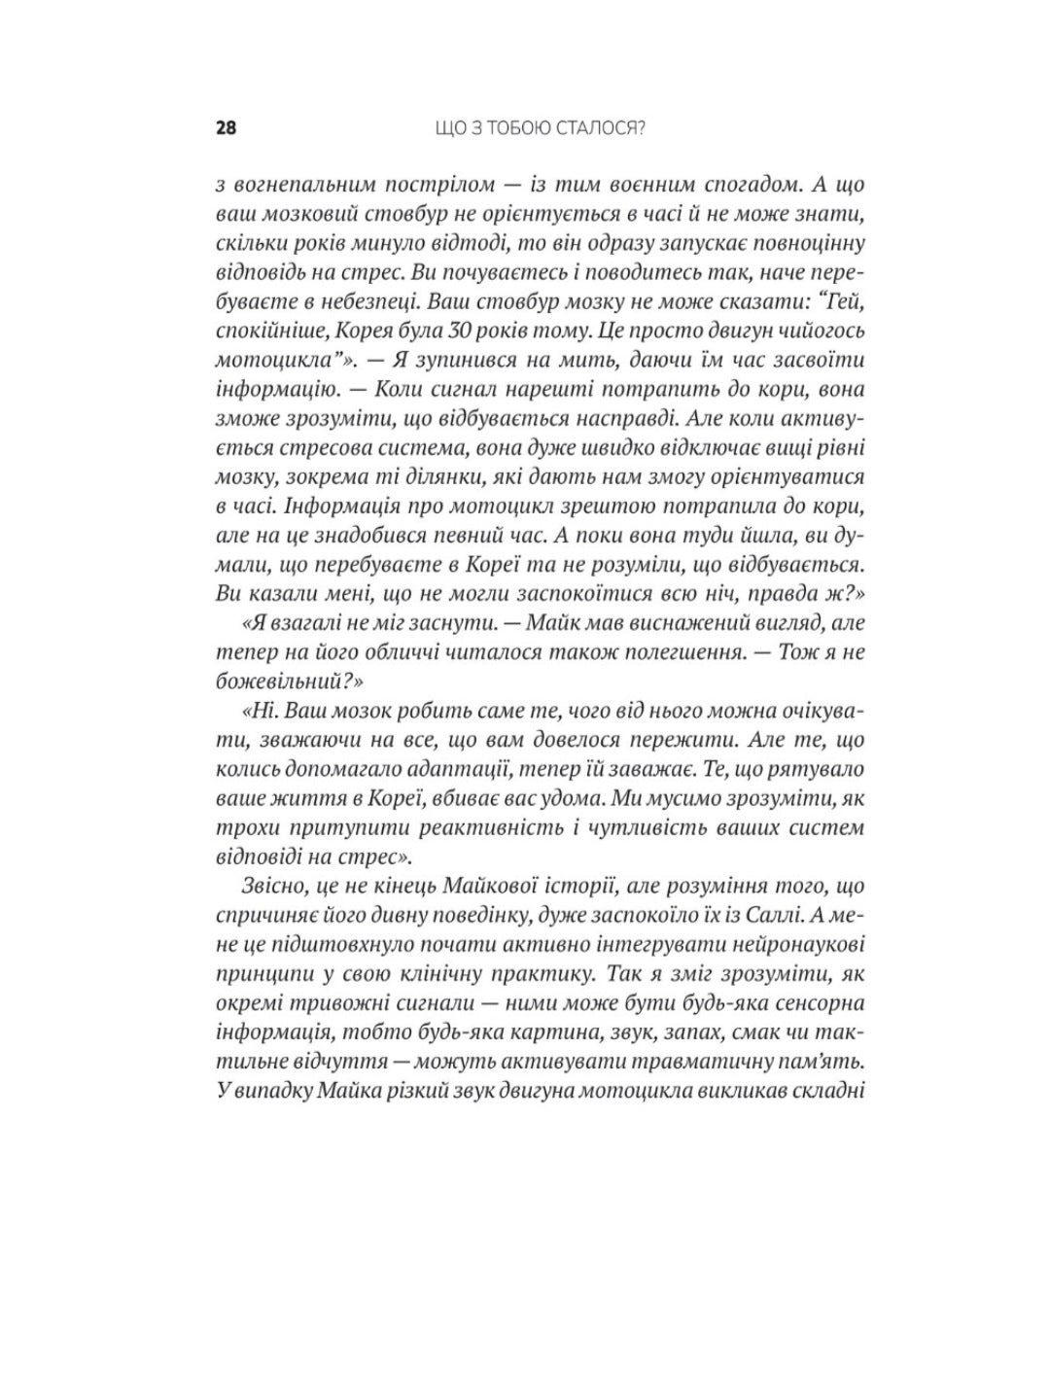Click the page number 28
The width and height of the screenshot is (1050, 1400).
pyautogui.click(x=226, y=128)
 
